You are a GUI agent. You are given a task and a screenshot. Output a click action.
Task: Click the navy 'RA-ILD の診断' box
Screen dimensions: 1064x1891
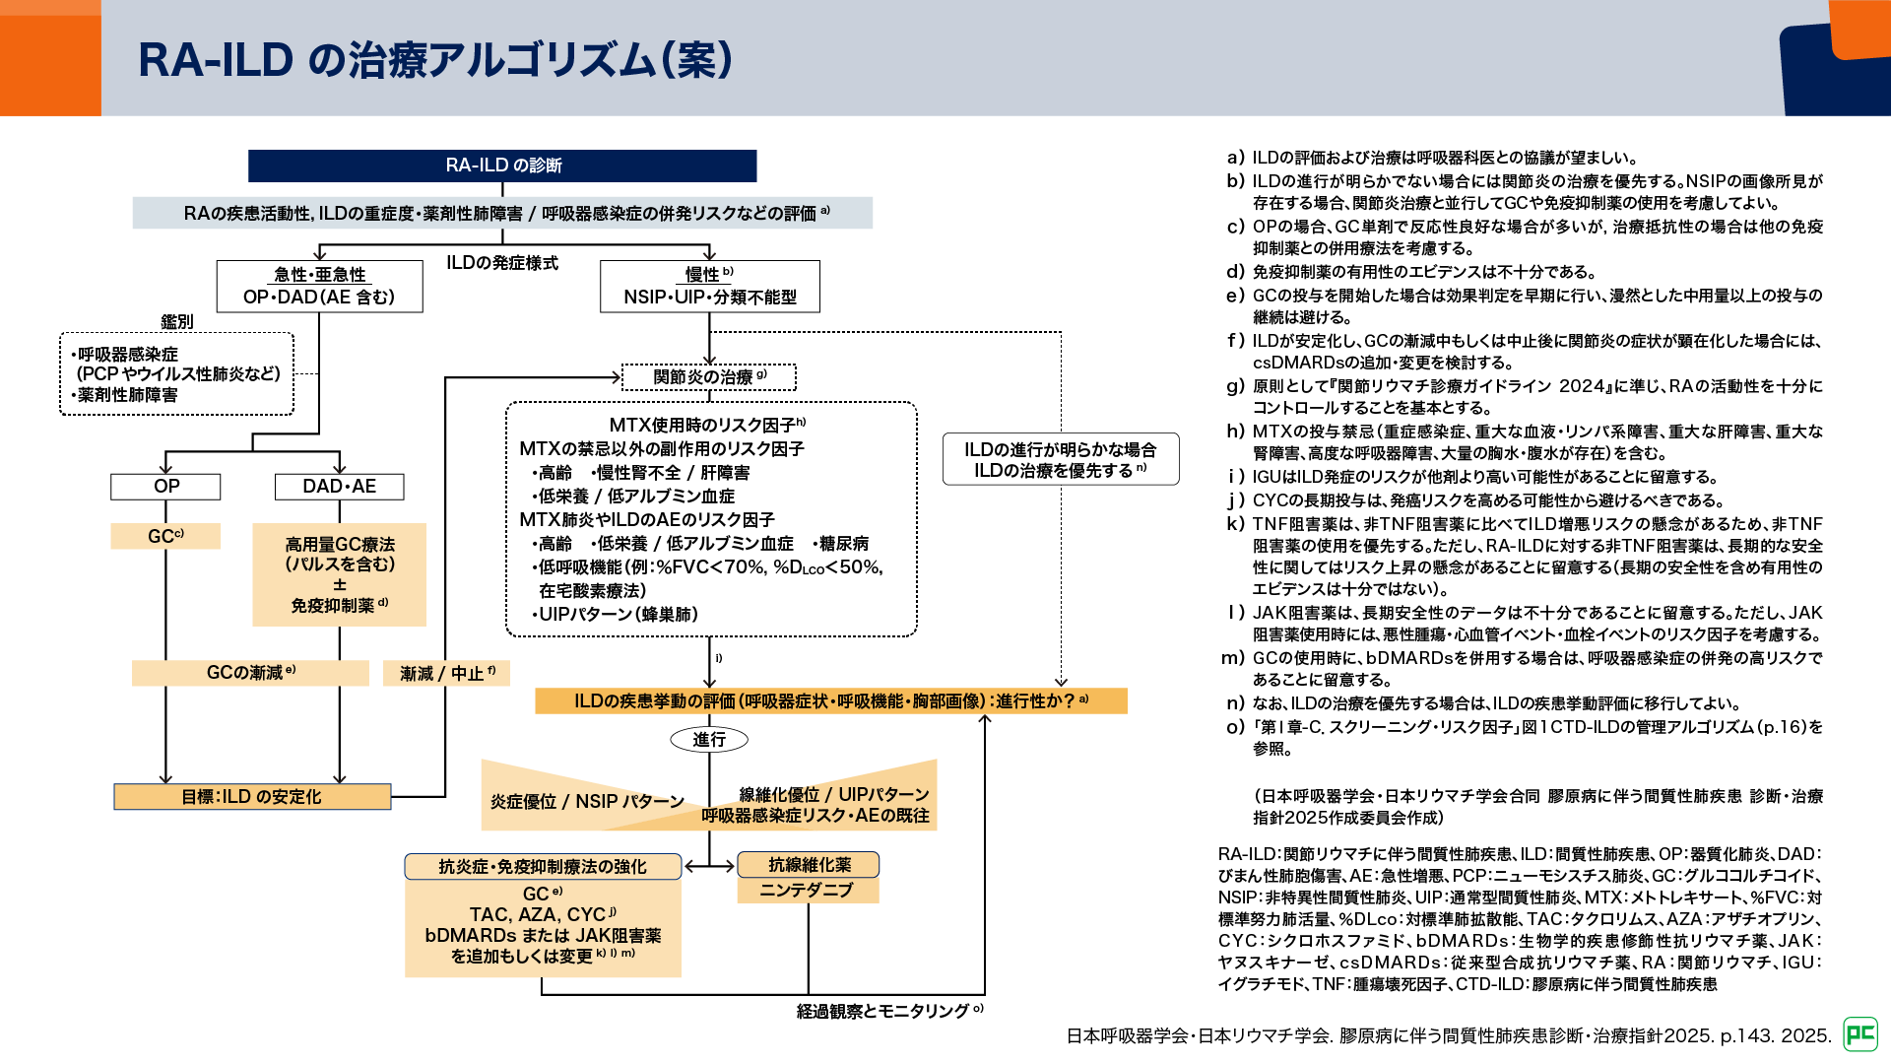[x=502, y=166]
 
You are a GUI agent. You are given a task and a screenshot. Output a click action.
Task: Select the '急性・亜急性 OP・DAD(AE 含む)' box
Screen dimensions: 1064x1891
[x=319, y=286]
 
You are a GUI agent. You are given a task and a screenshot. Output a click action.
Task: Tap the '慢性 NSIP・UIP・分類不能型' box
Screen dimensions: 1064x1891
[x=709, y=286]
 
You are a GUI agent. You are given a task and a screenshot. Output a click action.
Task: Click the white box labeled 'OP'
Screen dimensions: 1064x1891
[x=165, y=486]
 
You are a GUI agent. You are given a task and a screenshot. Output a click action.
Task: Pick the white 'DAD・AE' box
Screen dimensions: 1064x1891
[x=339, y=486]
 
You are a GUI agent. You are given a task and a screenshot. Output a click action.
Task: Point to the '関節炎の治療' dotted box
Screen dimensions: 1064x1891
[x=709, y=377]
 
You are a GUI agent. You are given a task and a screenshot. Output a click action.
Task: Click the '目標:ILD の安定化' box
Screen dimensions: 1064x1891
[x=252, y=796]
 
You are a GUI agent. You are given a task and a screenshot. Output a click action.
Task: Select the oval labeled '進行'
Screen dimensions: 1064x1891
[x=709, y=739]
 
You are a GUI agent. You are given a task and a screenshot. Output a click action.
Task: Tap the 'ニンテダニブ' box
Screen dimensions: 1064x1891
[x=808, y=891]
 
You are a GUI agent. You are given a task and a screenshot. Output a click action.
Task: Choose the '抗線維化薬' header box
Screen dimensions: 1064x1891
[x=809, y=865]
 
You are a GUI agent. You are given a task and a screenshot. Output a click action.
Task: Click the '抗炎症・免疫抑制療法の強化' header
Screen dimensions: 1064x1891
[x=543, y=866]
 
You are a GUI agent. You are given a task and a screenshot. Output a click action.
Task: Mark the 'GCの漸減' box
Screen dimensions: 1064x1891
[x=250, y=673]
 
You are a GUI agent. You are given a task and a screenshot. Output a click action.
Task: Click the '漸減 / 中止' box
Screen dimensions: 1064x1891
[x=447, y=673]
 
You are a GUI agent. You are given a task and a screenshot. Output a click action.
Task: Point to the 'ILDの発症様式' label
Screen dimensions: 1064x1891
[x=502, y=263]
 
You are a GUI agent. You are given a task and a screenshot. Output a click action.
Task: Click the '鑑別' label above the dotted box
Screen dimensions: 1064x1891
[x=177, y=321]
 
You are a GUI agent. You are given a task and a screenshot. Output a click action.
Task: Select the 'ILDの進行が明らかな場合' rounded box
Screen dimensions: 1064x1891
[x=1061, y=460]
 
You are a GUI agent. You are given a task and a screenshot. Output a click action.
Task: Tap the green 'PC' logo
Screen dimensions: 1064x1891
[x=1860, y=1033]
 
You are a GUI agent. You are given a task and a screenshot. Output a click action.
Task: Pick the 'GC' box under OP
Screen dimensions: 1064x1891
[x=165, y=536]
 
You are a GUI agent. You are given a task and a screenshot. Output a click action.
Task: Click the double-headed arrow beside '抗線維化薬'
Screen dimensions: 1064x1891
[x=709, y=866]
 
